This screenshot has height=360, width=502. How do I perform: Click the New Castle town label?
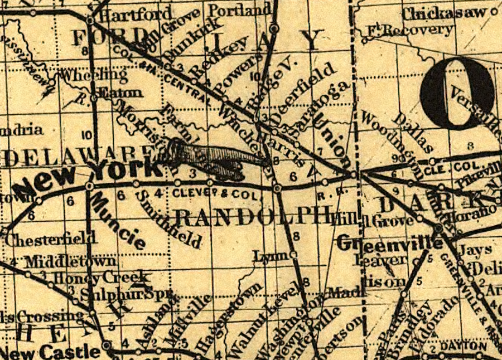click(52, 352)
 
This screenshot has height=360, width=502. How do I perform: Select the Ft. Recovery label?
click(410, 30)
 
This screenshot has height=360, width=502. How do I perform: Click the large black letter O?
click(457, 92)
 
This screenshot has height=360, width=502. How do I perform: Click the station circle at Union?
click(354, 175)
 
